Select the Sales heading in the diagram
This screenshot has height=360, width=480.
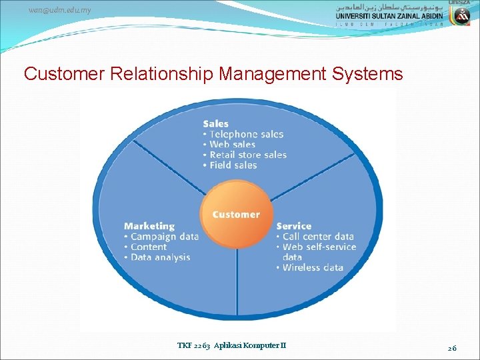pos(215,123)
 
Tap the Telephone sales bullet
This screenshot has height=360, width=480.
pos(243,134)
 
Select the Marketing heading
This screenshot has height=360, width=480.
pos(149,226)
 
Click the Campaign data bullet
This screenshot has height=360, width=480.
pos(161,237)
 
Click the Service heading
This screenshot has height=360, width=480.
pos(294,226)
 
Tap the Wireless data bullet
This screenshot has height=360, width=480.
pos(309,268)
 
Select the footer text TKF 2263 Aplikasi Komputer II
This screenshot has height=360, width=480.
pos(231,345)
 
